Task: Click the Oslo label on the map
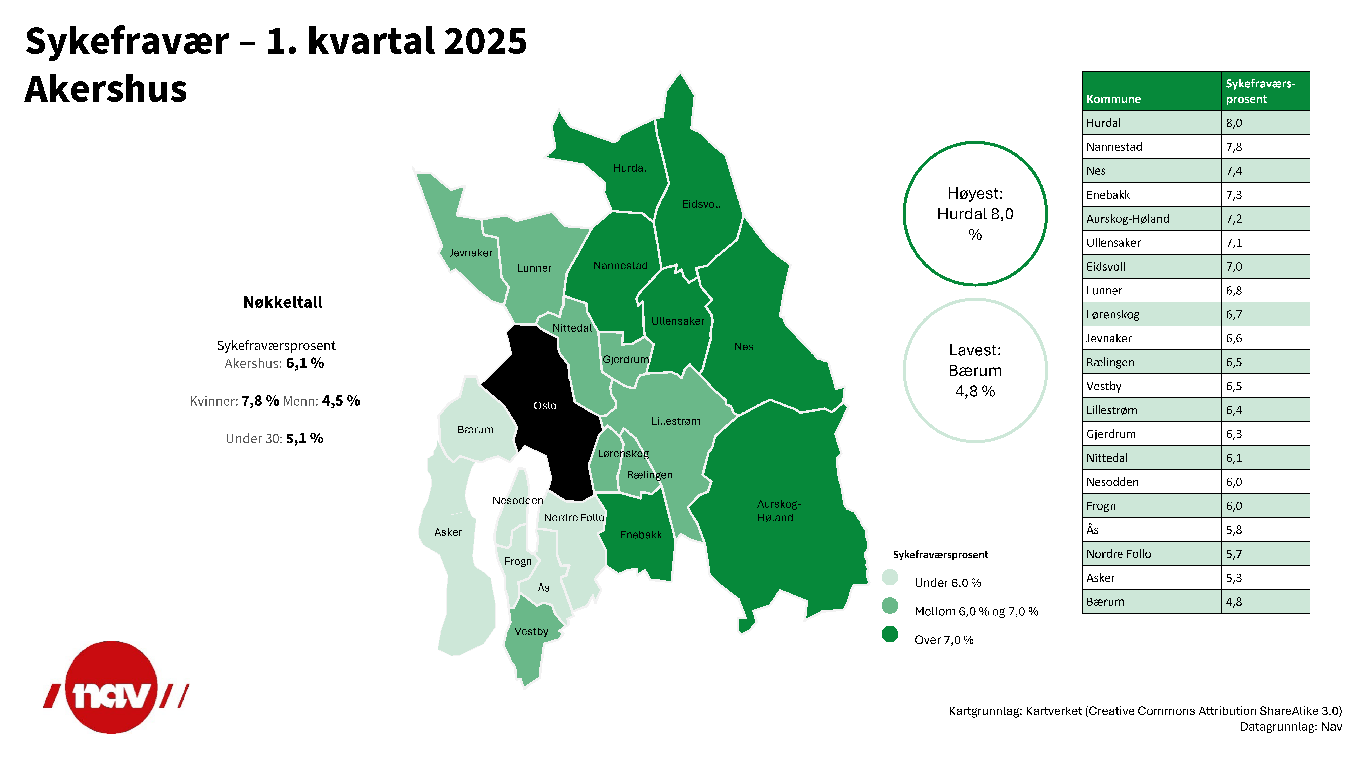pyautogui.click(x=544, y=406)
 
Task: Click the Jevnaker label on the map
pyautogui.click(x=471, y=253)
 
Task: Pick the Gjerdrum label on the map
pyautogui.click(x=626, y=359)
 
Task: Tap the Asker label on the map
pyautogui.click(x=448, y=532)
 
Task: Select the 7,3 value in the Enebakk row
pyautogui.click(x=1234, y=195)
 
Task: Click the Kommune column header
pyautogui.click(x=1113, y=99)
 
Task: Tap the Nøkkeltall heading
pyautogui.click(x=283, y=302)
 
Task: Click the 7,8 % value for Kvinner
pyautogui.click(x=260, y=401)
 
